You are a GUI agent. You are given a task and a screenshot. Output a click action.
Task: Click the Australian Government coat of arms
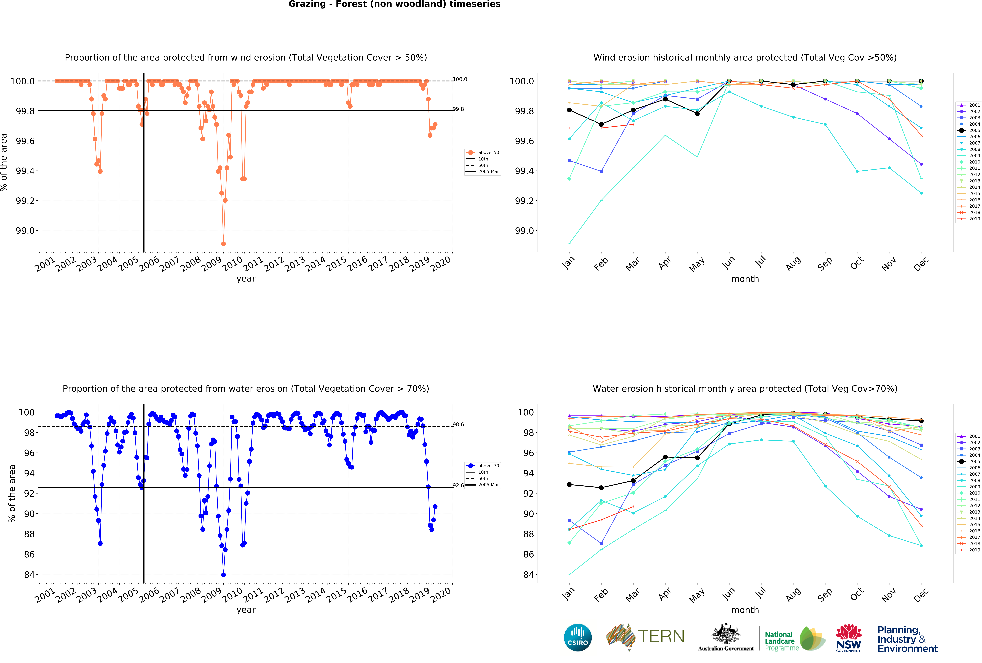point(726,633)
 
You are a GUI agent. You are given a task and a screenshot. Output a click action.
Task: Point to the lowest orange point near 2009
point(223,244)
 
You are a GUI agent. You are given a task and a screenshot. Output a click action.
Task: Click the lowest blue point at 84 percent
point(223,575)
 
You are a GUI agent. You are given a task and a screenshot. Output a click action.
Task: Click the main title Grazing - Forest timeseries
point(394,4)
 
